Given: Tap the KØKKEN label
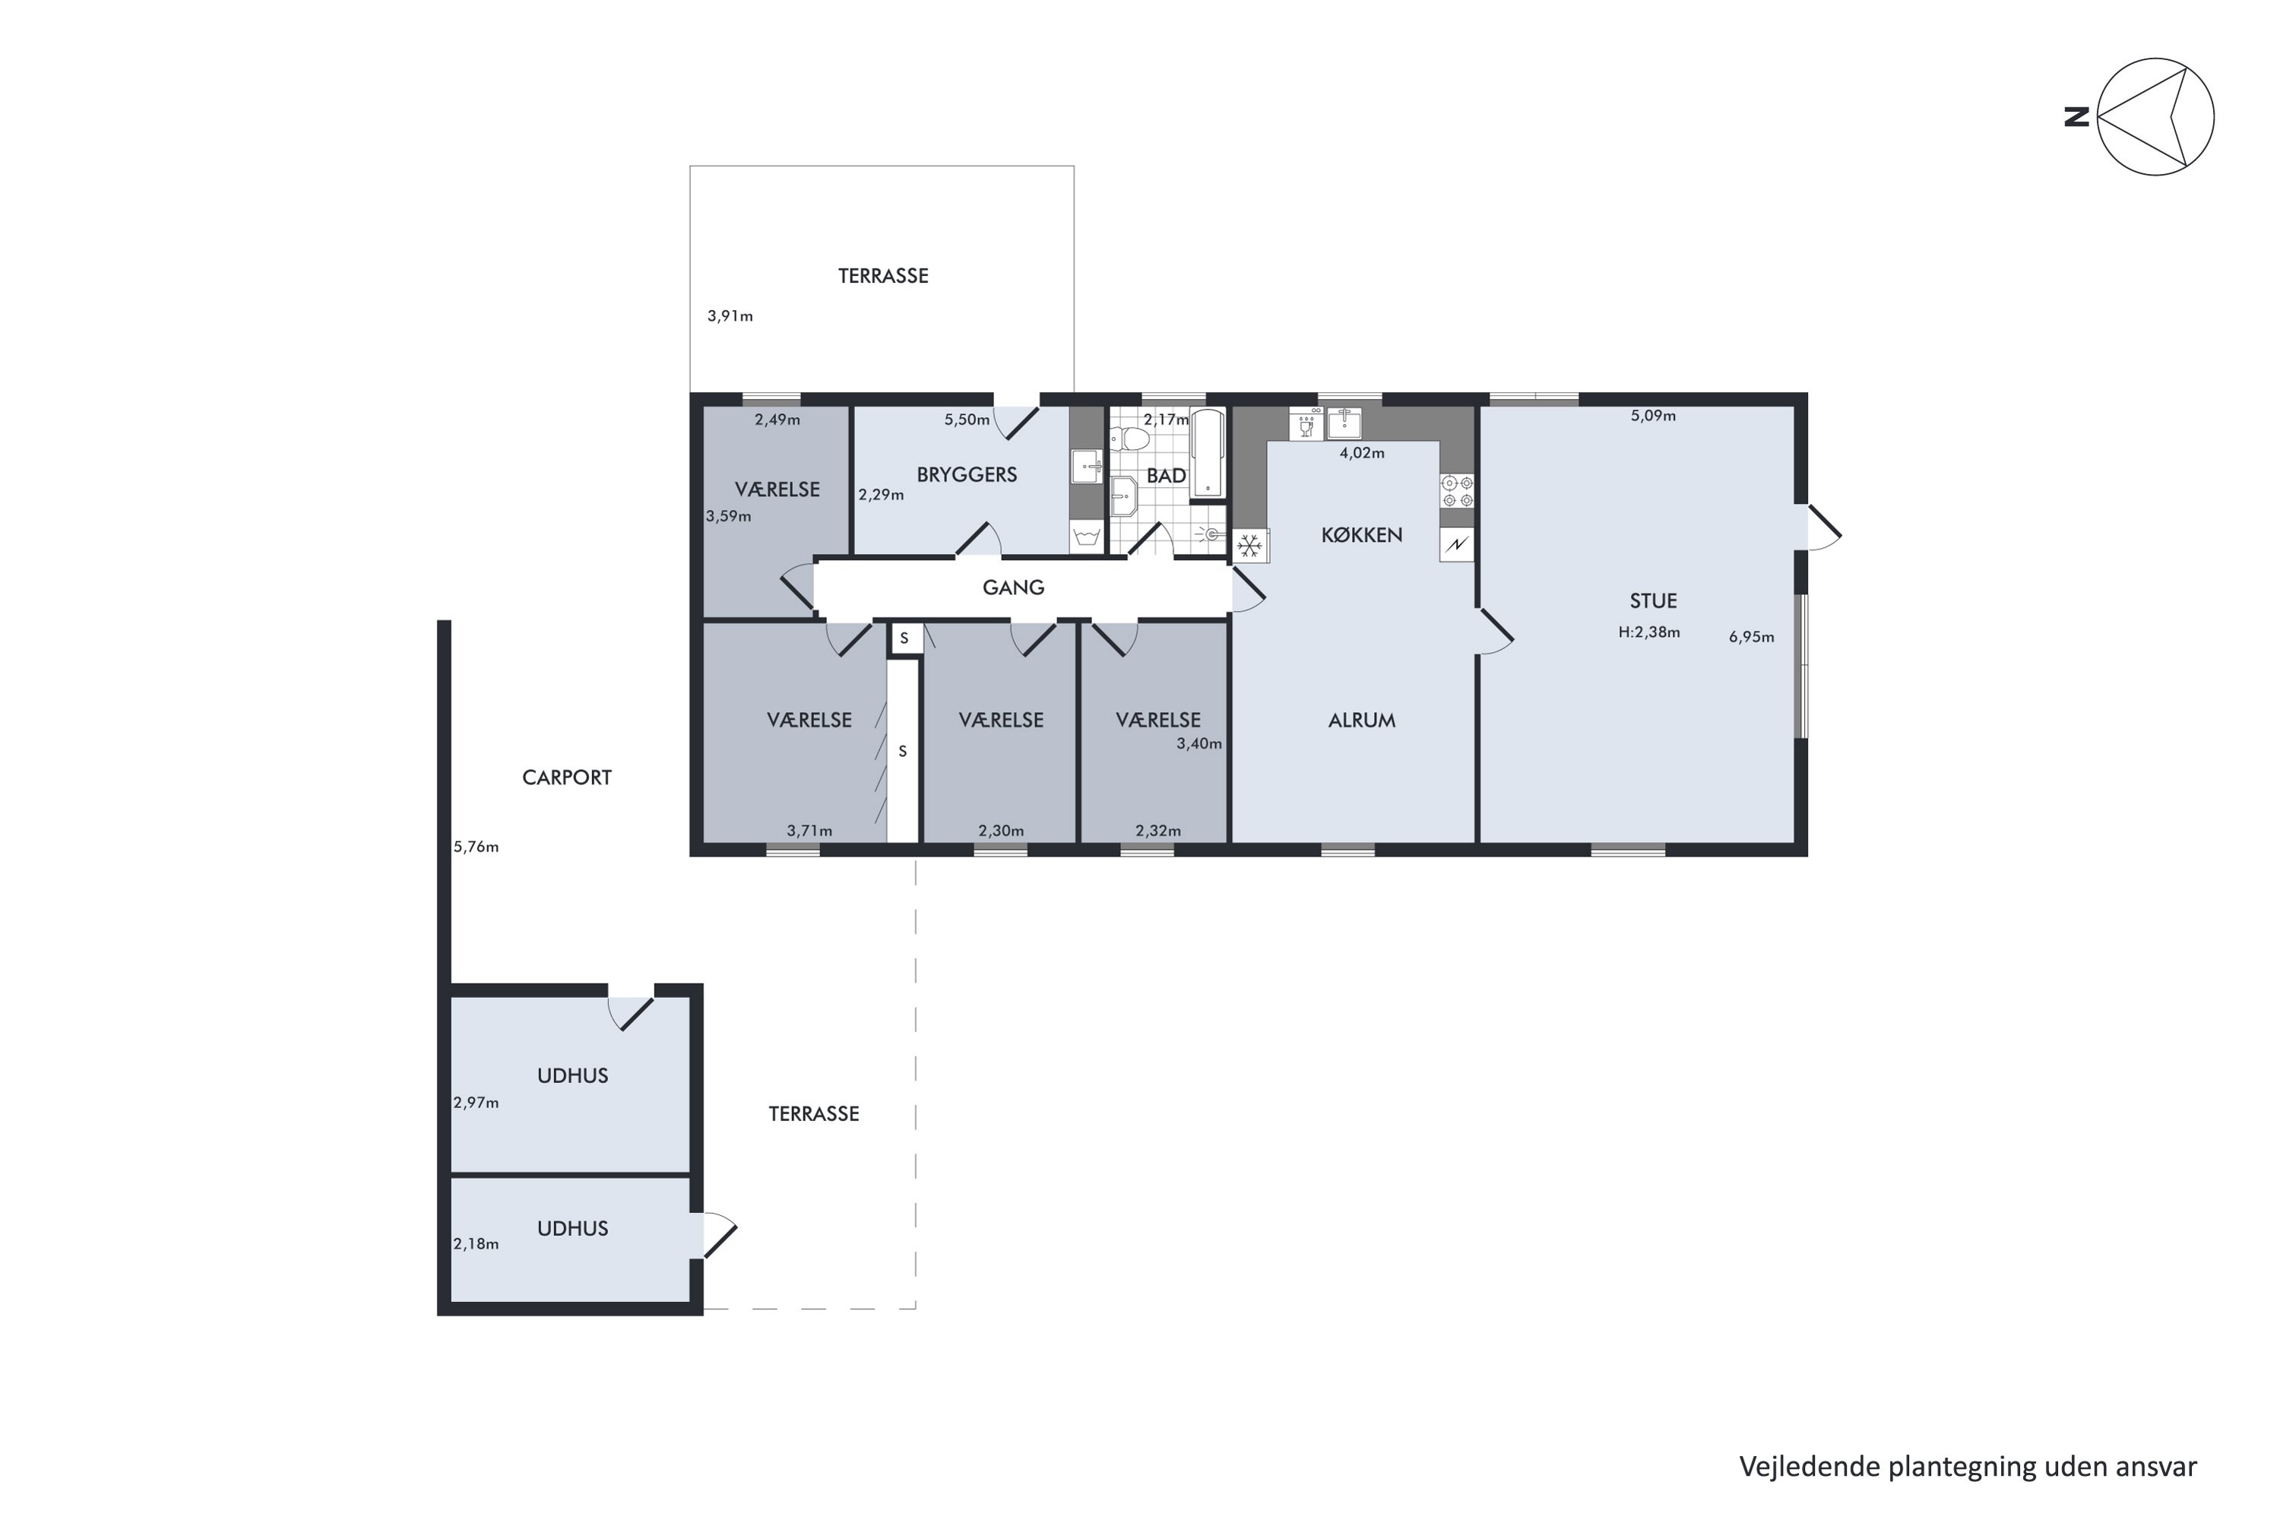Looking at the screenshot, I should point(1361,535).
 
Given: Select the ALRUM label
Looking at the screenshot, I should point(1361,720).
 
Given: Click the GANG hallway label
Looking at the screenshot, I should point(1013,587).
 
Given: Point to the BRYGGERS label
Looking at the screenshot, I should point(967,475).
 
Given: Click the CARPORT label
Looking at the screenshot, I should point(566,777).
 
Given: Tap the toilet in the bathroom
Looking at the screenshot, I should point(1129,440).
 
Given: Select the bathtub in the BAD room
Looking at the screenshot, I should point(1207,454).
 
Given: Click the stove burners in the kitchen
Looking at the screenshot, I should point(1456,490).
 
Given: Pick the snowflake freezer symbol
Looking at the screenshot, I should point(1249,546).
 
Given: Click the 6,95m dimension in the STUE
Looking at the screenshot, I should point(1751,638).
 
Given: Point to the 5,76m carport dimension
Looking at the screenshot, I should point(476,847).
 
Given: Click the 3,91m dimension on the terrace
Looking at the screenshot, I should point(729,316).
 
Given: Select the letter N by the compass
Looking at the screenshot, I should point(2076,117).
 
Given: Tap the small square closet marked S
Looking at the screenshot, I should point(904,638).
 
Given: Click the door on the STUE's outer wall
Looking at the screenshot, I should point(1822,528).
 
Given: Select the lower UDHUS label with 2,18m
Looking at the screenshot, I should point(572,1228).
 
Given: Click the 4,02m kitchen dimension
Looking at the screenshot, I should point(1361,453).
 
